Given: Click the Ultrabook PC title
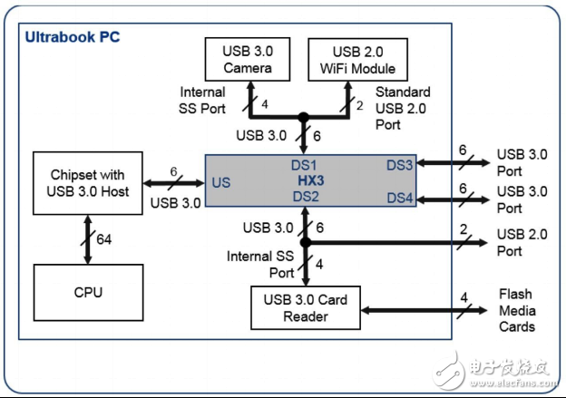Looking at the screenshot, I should pyautogui.click(x=72, y=38).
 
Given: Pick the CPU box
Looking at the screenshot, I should pyautogui.click(x=87, y=292).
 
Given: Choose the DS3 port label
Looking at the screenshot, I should pyautogui.click(x=400, y=164).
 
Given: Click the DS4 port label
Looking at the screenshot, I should pyautogui.click(x=400, y=198).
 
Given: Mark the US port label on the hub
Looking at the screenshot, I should pyautogui.click(x=220, y=181).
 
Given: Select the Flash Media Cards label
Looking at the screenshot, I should pyautogui.click(x=517, y=310).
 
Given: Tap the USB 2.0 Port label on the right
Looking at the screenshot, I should pyautogui.click(x=522, y=243).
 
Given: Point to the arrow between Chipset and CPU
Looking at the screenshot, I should pyautogui.click(x=87, y=239).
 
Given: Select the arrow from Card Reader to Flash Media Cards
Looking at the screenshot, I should pyautogui.click(x=426, y=308).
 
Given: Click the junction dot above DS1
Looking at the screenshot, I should pyautogui.click(x=306, y=116).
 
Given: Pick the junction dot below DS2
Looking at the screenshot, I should pyautogui.click(x=306, y=243).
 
